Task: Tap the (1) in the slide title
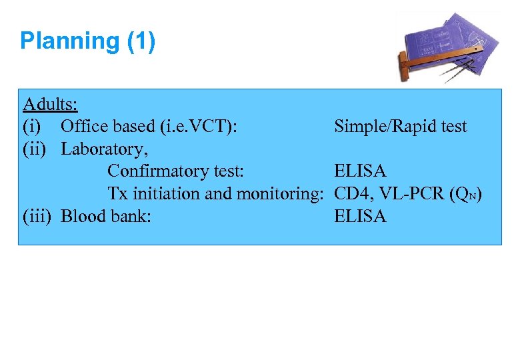click(141, 41)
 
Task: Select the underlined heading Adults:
click(50, 104)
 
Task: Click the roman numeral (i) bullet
click(32, 127)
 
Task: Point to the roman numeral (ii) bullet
click(35, 149)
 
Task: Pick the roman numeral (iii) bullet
click(37, 216)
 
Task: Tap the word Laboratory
click(104, 149)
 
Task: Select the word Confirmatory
click(151, 171)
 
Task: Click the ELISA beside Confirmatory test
click(360, 171)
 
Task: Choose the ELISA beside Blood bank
click(360, 216)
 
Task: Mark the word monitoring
click(278, 194)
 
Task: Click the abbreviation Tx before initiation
click(118, 194)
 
